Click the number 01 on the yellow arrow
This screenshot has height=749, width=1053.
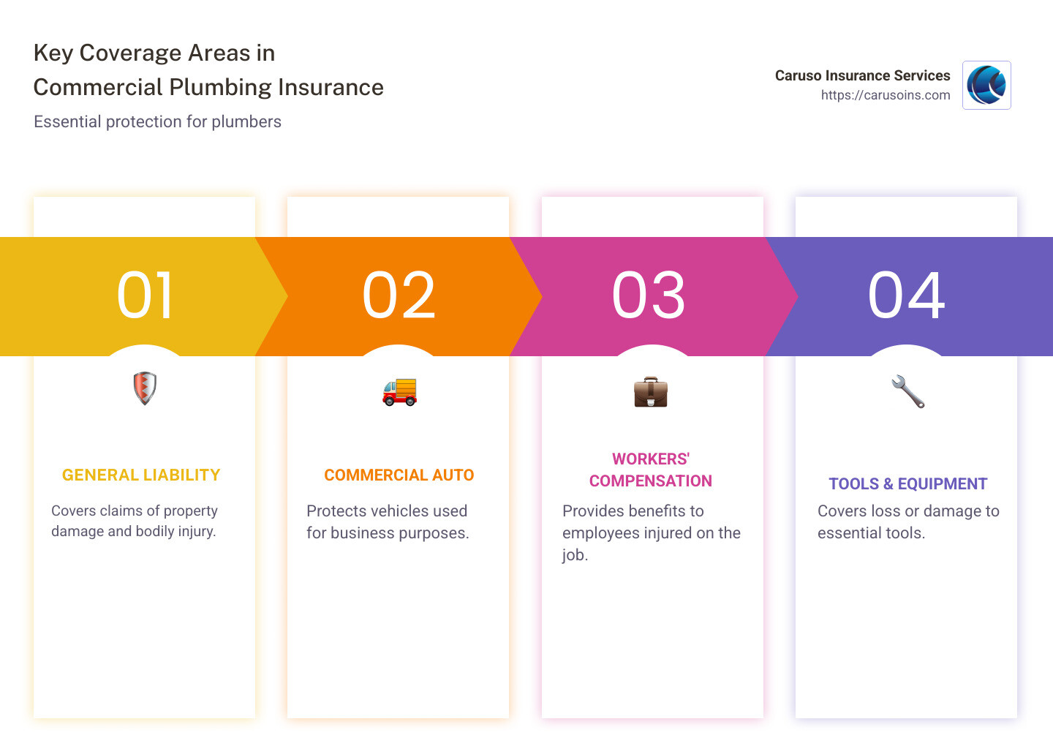145,296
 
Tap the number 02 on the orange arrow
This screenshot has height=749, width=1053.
399,296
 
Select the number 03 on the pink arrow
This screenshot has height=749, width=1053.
649,296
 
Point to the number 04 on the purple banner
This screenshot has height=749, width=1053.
906,296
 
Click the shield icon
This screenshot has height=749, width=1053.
145,388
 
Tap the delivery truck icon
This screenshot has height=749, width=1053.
399,392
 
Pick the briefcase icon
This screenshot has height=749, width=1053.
651,392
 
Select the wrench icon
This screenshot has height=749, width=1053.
907,391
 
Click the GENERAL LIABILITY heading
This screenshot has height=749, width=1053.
141,475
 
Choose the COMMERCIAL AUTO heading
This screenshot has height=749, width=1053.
399,475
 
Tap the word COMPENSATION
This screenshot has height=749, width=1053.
651,481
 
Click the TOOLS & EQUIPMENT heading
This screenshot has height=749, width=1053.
907,484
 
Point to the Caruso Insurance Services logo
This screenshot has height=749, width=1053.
986,86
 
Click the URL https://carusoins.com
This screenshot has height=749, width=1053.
886,95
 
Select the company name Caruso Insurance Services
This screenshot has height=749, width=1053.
862,75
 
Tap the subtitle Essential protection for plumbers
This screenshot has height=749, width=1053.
157,121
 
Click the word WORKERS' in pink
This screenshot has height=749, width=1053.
651,459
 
